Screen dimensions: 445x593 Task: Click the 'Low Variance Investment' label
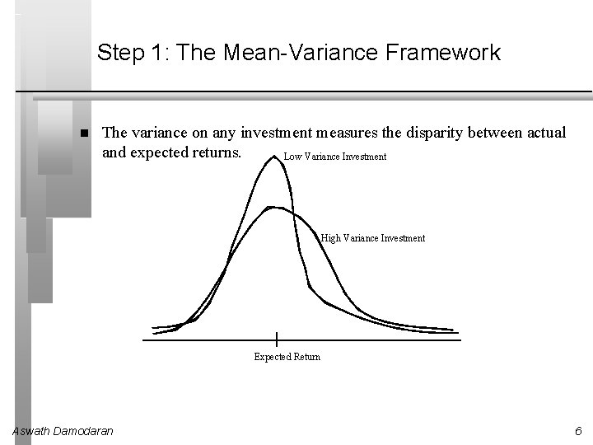coord(334,157)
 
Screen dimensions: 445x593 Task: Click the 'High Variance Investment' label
coord(373,238)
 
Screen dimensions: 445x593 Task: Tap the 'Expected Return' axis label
coord(287,357)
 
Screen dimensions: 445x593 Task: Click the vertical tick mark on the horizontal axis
coord(277,338)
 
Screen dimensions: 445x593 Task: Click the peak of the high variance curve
coord(275,208)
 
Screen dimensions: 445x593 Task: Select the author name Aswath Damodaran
coord(63,431)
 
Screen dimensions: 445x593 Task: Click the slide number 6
coord(578,431)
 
